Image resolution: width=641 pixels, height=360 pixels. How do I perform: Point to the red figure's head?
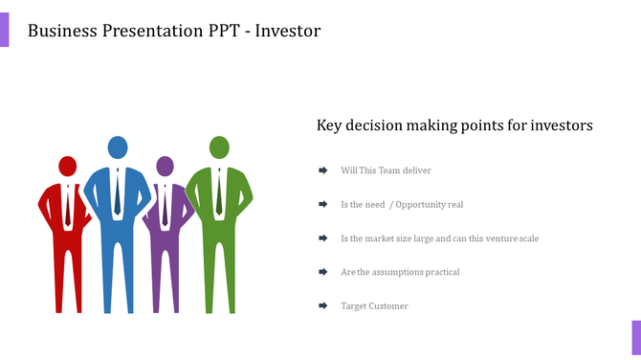pos(67,167)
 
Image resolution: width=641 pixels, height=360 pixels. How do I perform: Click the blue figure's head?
pos(118,147)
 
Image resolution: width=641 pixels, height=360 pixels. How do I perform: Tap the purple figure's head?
pos(166,167)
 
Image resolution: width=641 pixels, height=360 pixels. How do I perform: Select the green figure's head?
pos(219,147)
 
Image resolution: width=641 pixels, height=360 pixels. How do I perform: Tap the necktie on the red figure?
pos(67,206)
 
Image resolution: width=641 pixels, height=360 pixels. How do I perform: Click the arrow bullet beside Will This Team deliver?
pos(323,170)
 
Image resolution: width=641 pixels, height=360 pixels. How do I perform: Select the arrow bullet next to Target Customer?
pos(323,306)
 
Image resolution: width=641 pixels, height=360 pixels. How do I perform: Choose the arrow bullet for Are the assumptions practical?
pos(323,272)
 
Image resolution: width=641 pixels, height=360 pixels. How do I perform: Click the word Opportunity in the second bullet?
pos(422,205)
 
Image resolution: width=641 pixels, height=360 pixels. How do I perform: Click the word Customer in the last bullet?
pos(388,306)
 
